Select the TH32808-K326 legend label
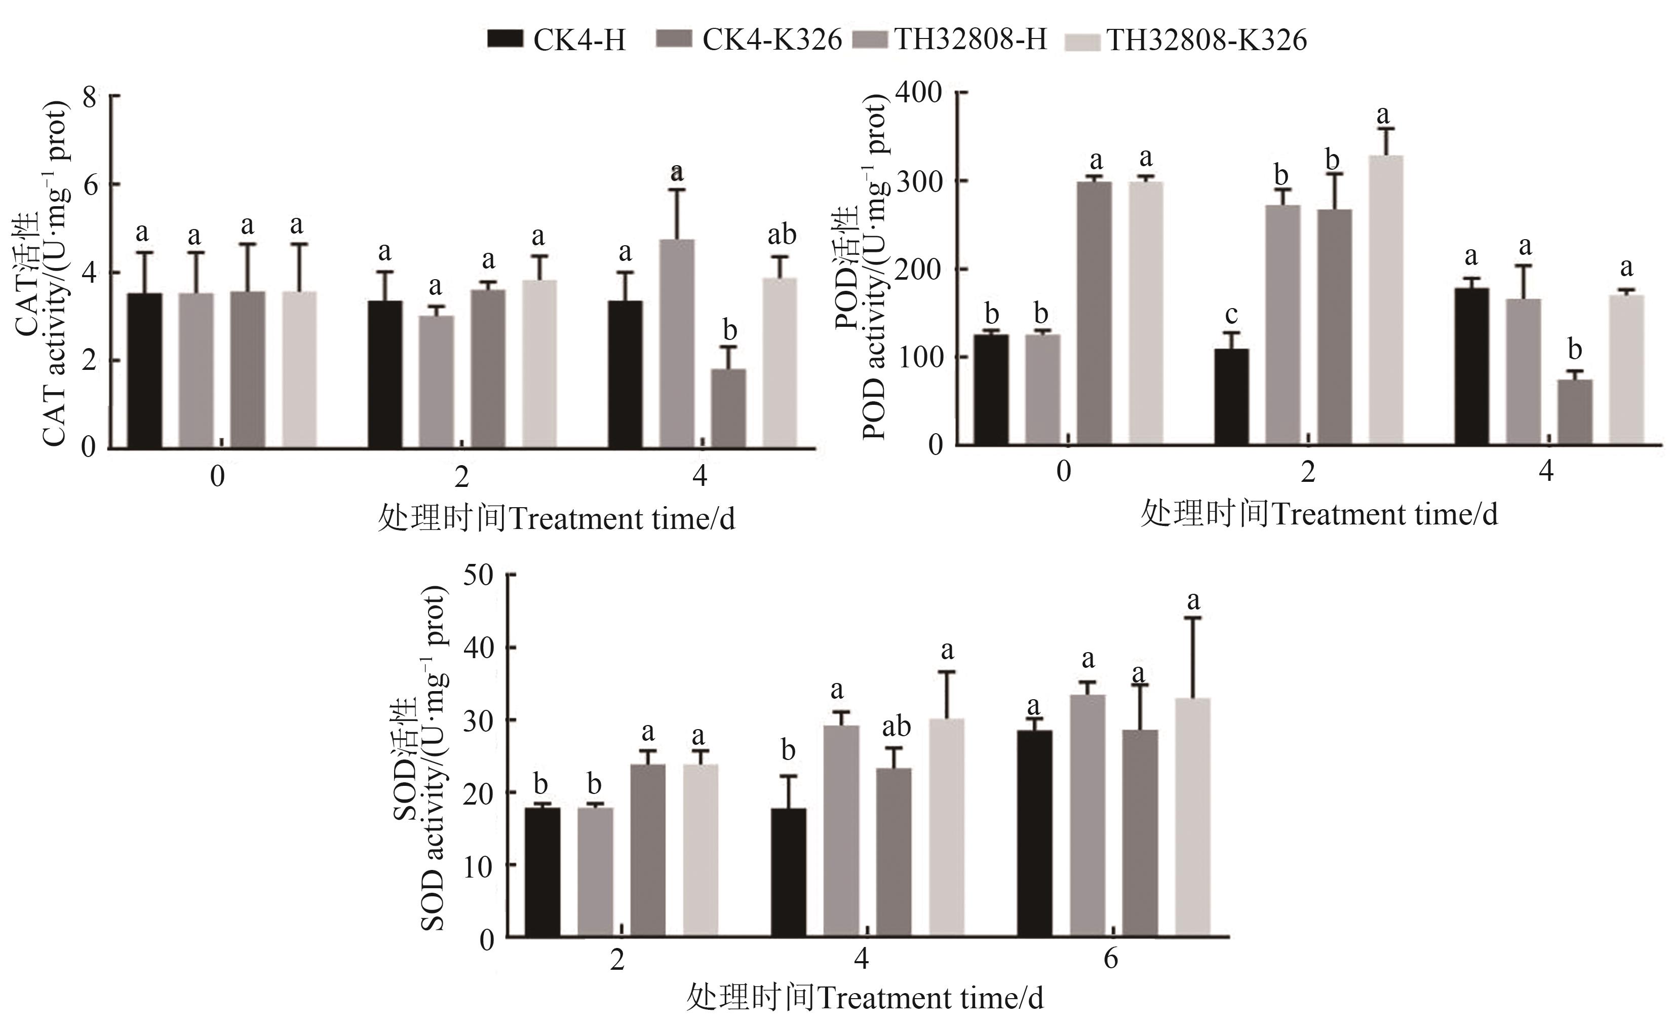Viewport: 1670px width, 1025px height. pyautogui.click(x=1207, y=40)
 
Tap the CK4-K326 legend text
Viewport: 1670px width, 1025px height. pyautogui.click(x=771, y=40)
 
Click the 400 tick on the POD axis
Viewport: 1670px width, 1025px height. pyautogui.click(x=919, y=92)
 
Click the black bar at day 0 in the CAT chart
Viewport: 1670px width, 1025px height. pyautogui.click(x=144, y=370)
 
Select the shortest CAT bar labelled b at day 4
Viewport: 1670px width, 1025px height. pyautogui.click(x=728, y=408)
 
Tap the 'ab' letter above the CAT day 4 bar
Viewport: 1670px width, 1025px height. pyautogui.click(x=782, y=235)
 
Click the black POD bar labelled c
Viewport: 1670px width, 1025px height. pyautogui.click(x=1231, y=397)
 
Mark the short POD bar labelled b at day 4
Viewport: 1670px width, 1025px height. pyautogui.click(x=1574, y=412)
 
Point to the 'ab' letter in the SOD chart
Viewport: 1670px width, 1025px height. pyautogui.click(x=896, y=727)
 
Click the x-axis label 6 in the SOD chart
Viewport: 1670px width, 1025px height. pyautogui.click(x=1110, y=959)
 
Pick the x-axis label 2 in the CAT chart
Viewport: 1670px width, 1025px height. pyautogui.click(x=461, y=477)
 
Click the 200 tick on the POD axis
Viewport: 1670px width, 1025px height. pyautogui.click(x=919, y=269)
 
